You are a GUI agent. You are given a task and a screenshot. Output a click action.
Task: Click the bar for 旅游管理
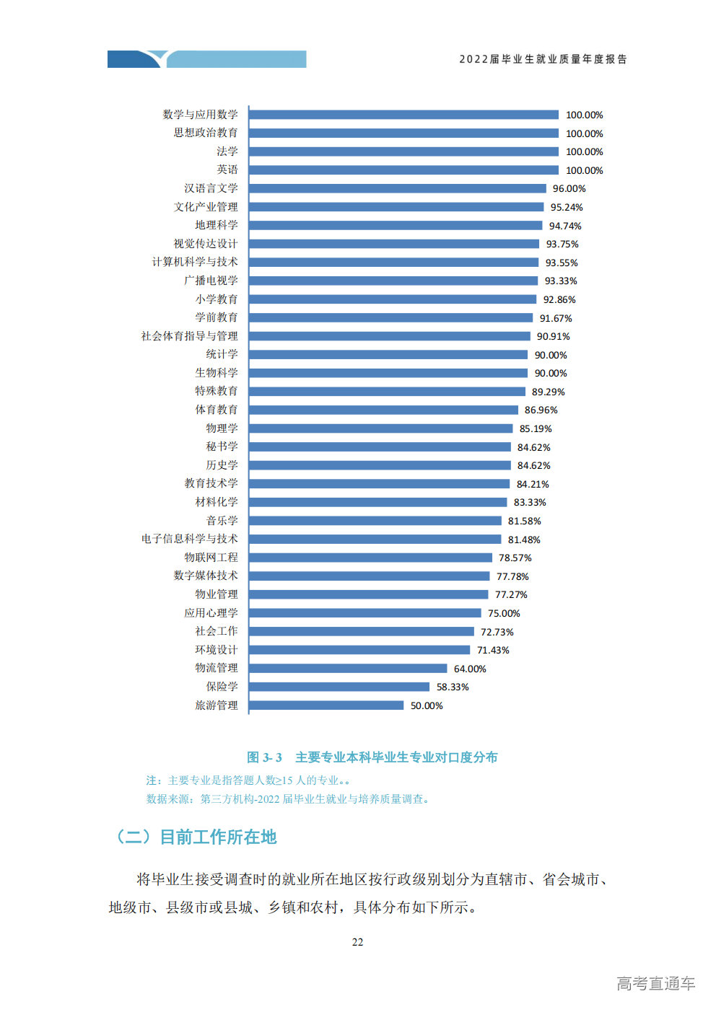[x=326, y=705]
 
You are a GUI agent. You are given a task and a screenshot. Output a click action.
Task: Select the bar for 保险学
[x=339, y=687]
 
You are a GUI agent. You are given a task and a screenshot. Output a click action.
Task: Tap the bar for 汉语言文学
[x=397, y=188]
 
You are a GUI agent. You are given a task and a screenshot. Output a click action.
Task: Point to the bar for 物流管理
[x=348, y=668]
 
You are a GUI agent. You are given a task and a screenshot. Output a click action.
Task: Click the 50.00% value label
[x=427, y=705]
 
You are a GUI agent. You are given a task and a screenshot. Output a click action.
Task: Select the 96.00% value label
[x=569, y=189]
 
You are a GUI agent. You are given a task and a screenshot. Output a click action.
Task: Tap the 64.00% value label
[x=470, y=669]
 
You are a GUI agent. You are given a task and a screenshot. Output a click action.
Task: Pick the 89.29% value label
[x=549, y=392]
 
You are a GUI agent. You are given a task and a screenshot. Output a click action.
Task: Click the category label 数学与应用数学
[x=200, y=114]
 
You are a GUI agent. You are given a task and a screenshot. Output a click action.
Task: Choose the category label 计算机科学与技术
[x=195, y=262]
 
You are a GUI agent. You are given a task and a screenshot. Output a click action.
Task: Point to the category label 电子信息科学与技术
[x=189, y=539]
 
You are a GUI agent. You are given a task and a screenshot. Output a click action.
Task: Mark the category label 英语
[x=227, y=170]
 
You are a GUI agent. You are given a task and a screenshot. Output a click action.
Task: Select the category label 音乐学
[x=222, y=521]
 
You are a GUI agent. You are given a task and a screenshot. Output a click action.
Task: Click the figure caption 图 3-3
[x=264, y=757]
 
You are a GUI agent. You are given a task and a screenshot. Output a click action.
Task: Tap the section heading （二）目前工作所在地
[x=196, y=837]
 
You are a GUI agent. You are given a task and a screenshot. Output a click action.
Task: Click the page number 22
[x=357, y=942]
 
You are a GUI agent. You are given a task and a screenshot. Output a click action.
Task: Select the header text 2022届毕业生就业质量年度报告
[x=543, y=59]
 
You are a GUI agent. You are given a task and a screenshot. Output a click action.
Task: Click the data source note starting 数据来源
[x=287, y=799]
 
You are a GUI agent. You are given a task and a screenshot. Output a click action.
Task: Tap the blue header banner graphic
[x=206, y=59]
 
